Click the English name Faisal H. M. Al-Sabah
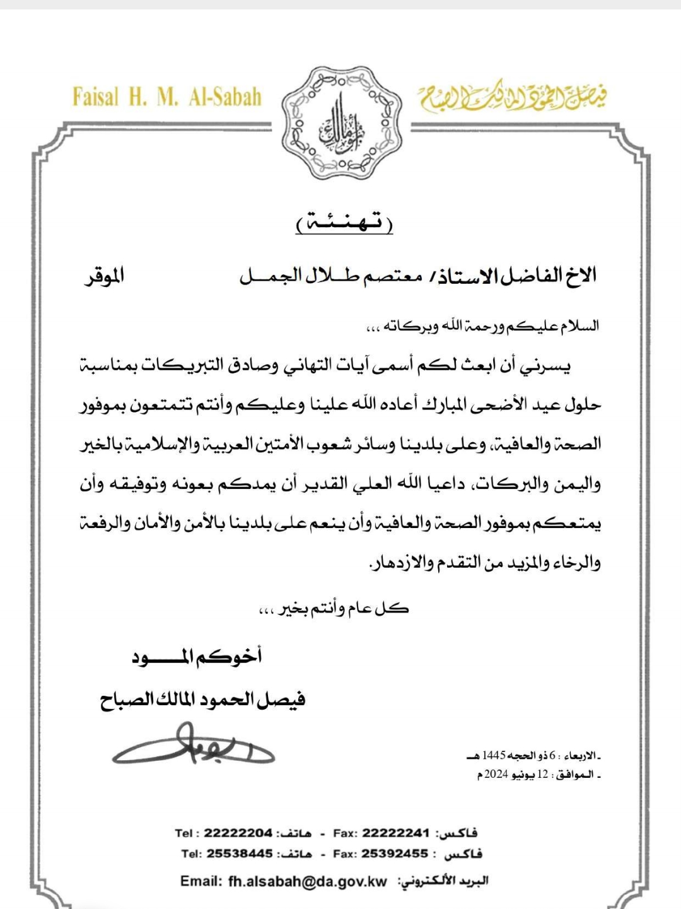pos(167,97)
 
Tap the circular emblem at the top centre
pos(341,124)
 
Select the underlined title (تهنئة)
pos(344,222)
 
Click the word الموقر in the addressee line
pos(105,276)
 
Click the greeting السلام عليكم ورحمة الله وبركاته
pos(483,326)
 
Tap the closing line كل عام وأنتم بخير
pos(334,609)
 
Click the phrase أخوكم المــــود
pos(197,657)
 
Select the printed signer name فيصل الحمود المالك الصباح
pos(202,700)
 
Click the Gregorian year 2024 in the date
pos(496,774)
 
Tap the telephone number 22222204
pos(238,833)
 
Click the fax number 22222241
pos(395,833)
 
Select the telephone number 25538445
pos(240,853)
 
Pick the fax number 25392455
pos(395,853)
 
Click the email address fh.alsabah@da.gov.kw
pos(307,881)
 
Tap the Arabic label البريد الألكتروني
pos(443,881)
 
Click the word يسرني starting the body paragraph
pos(550,366)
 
